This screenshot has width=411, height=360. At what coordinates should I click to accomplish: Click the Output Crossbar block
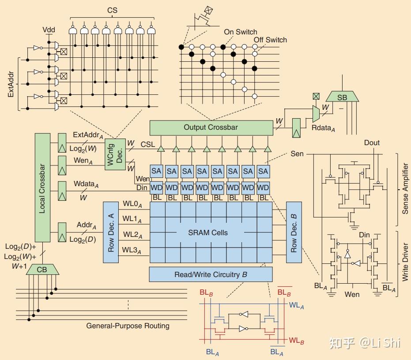(x=211, y=128)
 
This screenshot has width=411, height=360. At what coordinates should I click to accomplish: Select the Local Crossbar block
(x=42, y=187)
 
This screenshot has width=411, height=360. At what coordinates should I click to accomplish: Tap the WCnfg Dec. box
(x=115, y=154)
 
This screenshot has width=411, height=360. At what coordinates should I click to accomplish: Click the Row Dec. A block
(x=111, y=232)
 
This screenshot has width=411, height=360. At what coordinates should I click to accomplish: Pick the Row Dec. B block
(x=294, y=232)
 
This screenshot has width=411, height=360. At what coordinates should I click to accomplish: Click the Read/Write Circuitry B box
(x=211, y=274)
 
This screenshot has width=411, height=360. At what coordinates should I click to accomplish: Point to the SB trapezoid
(x=342, y=97)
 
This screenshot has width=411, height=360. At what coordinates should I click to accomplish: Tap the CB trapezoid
(x=42, y=270)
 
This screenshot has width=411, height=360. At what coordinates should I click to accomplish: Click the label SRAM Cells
(x=208, y=232)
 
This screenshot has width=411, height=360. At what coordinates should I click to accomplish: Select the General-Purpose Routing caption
(x=128, y=326)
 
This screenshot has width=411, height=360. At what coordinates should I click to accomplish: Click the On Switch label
(x=240, y=32)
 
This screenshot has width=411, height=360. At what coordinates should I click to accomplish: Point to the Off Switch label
(x=270, y=40)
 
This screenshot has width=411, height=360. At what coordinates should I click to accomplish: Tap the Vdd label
(x=49, y=30)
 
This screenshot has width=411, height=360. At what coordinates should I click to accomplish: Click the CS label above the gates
(x=112, y=11)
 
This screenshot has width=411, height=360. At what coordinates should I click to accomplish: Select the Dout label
(x=372, y=143)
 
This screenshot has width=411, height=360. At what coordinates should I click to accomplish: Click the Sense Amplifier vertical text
(x=405, y=188)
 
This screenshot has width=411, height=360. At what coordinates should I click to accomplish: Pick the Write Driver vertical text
(x=405, y=262)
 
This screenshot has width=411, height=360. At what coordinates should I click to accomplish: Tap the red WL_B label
(x=297, y=341)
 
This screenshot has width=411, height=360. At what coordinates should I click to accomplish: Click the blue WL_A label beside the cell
(x=297, y=305)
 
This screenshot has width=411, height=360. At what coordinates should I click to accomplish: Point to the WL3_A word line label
(x=132, y=250)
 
